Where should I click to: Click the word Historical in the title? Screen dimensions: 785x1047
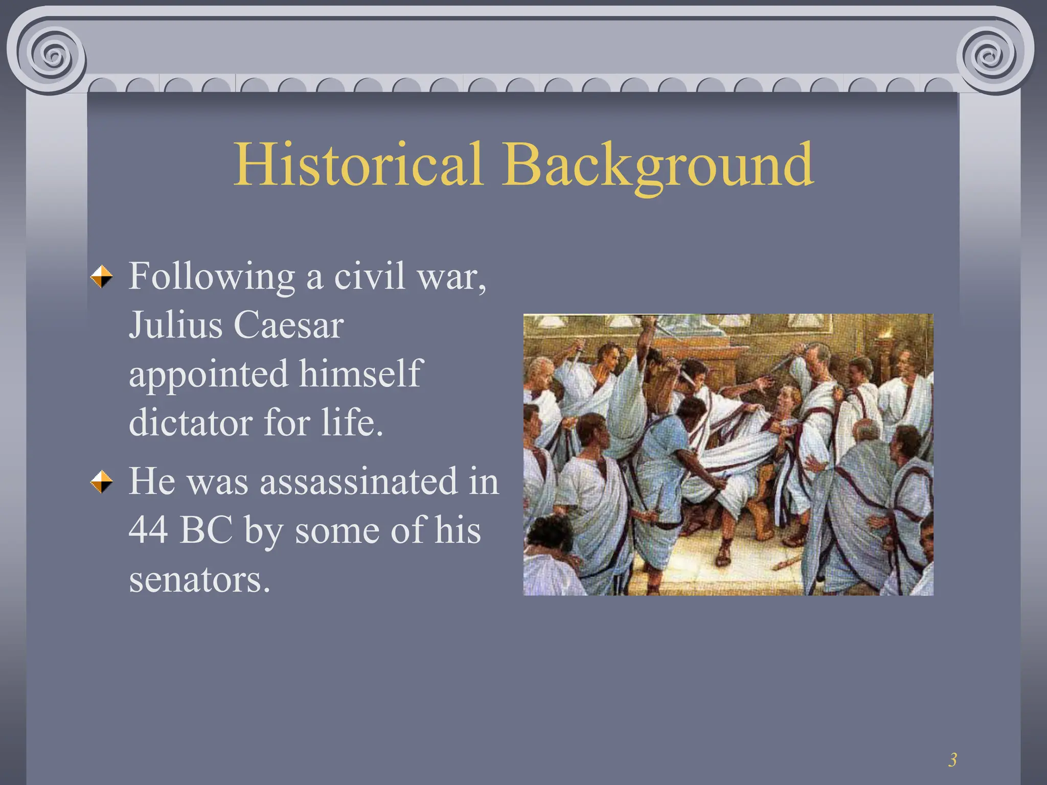[358, 165]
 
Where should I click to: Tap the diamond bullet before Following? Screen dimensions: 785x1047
[102, 277]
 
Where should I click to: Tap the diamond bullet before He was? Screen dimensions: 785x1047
[102, 482]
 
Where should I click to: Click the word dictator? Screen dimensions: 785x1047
[190, 423]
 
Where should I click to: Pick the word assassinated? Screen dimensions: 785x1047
[359, 481]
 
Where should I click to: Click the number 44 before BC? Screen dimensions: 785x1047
[148, 530]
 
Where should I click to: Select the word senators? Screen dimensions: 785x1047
[198, 580]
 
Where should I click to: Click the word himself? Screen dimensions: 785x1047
[360, 373]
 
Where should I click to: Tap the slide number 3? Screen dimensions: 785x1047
[952, 760]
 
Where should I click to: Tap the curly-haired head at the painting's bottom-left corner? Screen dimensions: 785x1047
[550, 534]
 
